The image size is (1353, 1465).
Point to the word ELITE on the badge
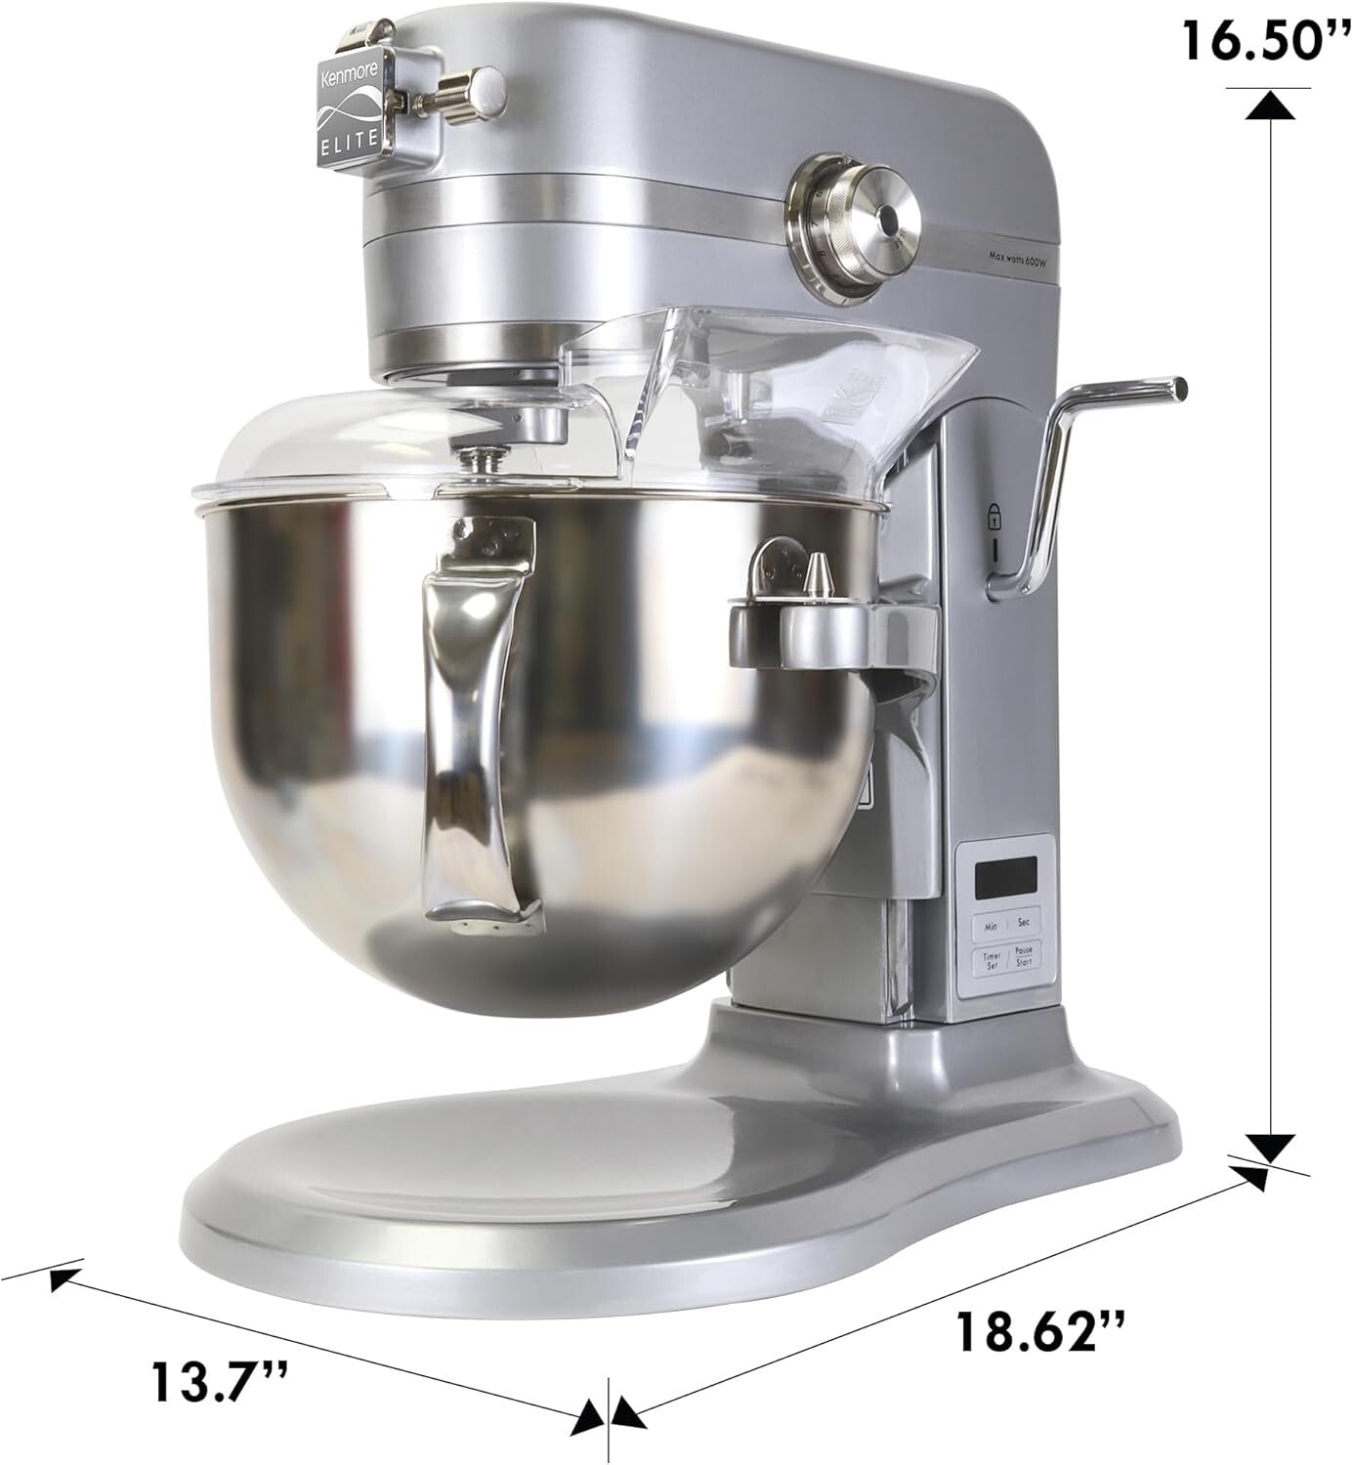[x=348, y=138]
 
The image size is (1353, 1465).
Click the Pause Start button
[x=1023, y=955]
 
